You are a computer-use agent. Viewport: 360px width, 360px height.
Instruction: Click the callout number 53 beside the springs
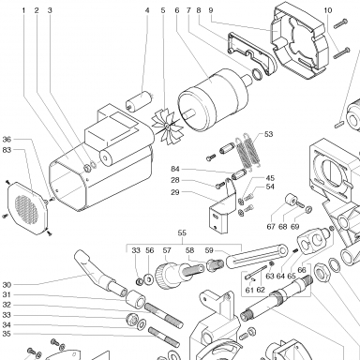click(268, 134)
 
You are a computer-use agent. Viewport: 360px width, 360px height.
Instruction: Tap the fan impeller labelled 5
click(167, 126)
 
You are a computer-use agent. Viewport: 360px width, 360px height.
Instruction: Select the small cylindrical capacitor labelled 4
click(139, 100)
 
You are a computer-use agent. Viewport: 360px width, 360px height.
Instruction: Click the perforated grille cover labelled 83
click(26, 208)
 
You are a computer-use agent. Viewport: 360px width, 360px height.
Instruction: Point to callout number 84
click(175, 169)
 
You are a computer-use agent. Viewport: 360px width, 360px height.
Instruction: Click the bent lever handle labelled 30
click(98, 272)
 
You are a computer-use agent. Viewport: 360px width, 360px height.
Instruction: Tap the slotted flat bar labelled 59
click(256, 257)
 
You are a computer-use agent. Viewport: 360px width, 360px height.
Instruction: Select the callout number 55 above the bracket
click(182, 233)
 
